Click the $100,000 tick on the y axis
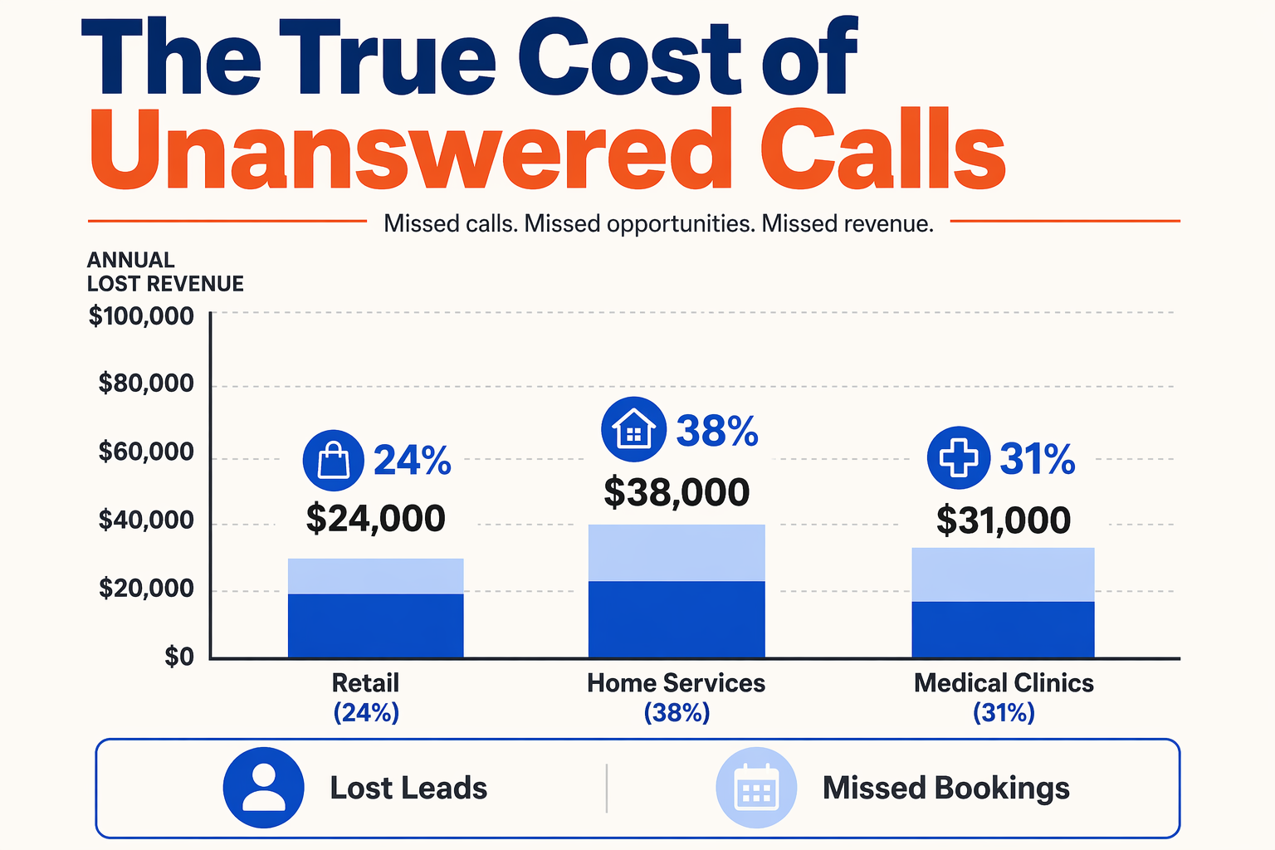(141, 316)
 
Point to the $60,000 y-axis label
(146, 452)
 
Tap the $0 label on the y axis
(179, 657)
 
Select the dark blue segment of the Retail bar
(376, 626)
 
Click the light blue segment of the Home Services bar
(677, 553)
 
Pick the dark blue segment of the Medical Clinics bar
(1003, 630)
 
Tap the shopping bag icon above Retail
(334, 460)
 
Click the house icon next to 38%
(633, 429)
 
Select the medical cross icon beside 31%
(959, 457)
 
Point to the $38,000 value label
(677, 492)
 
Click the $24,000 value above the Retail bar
(376, 519)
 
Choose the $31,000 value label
(1004, 520)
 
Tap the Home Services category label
(677, 683)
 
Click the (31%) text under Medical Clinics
(1004, 713)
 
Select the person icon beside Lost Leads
(263, 788)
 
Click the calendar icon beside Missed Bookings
(756, 788)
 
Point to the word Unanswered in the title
(410, 149)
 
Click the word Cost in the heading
(630, 57)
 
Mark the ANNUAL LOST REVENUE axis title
(165, 271)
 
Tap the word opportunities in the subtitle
(681, 224)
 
